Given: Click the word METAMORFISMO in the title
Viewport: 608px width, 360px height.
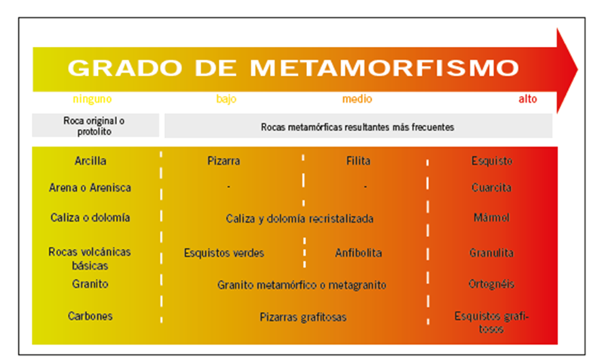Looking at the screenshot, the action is pos(384,68).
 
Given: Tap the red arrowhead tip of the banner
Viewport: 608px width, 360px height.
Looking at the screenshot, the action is pos(578,70).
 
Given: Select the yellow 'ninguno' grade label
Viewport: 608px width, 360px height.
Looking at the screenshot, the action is pos(92,100).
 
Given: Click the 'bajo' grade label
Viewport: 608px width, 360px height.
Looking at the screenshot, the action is pos(226,99).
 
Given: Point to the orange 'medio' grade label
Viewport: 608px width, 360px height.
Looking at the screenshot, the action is pos(357,99).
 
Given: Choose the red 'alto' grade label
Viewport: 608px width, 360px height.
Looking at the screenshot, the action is pos(528,99).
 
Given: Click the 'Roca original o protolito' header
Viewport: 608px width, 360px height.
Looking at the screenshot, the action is pos(94,126).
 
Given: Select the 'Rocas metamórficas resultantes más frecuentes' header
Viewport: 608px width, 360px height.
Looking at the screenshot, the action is pos(357,128).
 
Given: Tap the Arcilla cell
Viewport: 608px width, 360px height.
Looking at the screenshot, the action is pos(91,161).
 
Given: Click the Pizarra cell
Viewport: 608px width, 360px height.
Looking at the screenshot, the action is pos(224,161).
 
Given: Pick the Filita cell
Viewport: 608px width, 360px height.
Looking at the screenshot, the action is pos(358,161).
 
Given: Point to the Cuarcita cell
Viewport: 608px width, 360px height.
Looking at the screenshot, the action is pos(491,188).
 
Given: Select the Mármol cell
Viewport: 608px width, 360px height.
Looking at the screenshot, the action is pos(491,217).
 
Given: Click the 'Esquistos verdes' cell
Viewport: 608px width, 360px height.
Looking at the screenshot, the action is pos(224,253).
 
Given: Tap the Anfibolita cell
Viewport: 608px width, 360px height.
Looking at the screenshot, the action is pos(358,253).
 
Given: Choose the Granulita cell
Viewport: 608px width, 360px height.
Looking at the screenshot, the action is pos(491,253).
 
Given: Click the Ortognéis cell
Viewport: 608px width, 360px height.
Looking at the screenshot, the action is pos(491,285).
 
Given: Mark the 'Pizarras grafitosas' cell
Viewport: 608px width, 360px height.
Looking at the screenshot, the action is pos(302,317).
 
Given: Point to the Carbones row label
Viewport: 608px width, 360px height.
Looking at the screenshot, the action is pos(91,316).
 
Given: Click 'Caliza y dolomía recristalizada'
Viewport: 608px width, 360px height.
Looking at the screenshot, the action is pos(299,219).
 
